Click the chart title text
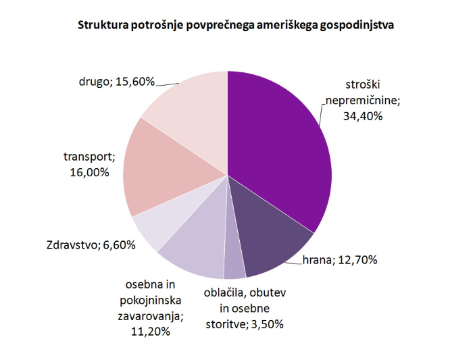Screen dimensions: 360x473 (236, 26)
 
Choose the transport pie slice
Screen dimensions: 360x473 (162, 169)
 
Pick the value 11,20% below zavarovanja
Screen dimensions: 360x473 (149, 331)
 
